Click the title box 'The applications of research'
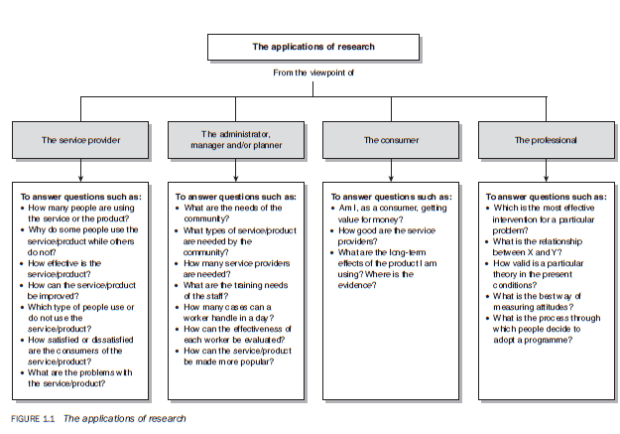tap(313, 47)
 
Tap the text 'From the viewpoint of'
tap(313, 72)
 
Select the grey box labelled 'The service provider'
tap(80, 140)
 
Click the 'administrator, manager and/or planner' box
tap(236, 140)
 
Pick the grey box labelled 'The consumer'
tap(391, 140)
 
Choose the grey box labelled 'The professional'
tap(547, 140)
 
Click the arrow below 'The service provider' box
tap(80, 170)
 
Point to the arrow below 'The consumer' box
tap(391, 170)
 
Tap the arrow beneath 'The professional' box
tap(546, 170)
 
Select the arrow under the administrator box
tap(236, 170)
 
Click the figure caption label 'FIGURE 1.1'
tap(33, 419)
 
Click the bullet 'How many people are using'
tap(78, 214)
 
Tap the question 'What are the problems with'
tap(77, 378)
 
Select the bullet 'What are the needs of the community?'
tap(229, 214)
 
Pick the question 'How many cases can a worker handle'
tap(225, 313)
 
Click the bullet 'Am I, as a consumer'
tap(390, 214)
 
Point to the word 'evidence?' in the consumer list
tap(357, 285)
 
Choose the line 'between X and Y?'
tap(527, 252)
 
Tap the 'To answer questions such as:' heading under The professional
tap(546, 197)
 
